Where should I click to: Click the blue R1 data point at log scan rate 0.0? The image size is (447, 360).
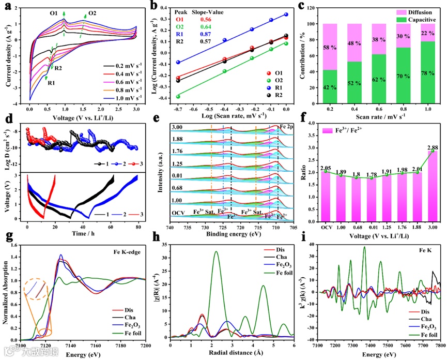[x=286, y=15]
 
